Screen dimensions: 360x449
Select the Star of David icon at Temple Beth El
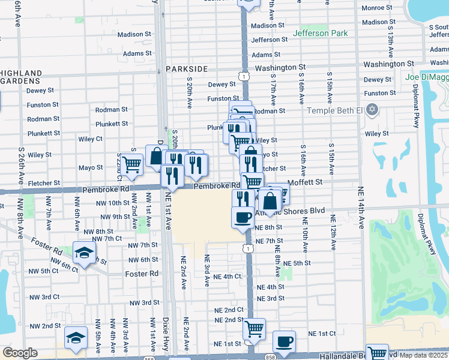point(372,110)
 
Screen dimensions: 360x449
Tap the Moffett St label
point(305,181)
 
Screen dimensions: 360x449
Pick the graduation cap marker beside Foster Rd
point(84,252)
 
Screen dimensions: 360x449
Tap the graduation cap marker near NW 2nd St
point(76,337)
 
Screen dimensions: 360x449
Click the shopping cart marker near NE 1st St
point(254,328)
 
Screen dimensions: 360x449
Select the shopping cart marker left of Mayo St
point(131,162)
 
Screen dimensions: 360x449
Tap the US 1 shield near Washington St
point(244,76)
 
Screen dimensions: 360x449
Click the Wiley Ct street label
point(90,139)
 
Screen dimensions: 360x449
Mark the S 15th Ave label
point(330,85)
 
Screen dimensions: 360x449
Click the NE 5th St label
point(297,263)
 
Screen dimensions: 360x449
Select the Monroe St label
point(376,9)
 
